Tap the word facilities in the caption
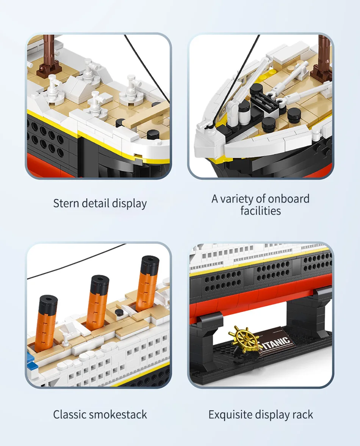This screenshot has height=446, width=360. [261, 210]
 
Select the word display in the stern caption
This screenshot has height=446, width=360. [129, 203]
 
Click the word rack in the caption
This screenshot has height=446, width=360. [302, 415]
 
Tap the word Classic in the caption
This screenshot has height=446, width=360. [70, 415]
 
